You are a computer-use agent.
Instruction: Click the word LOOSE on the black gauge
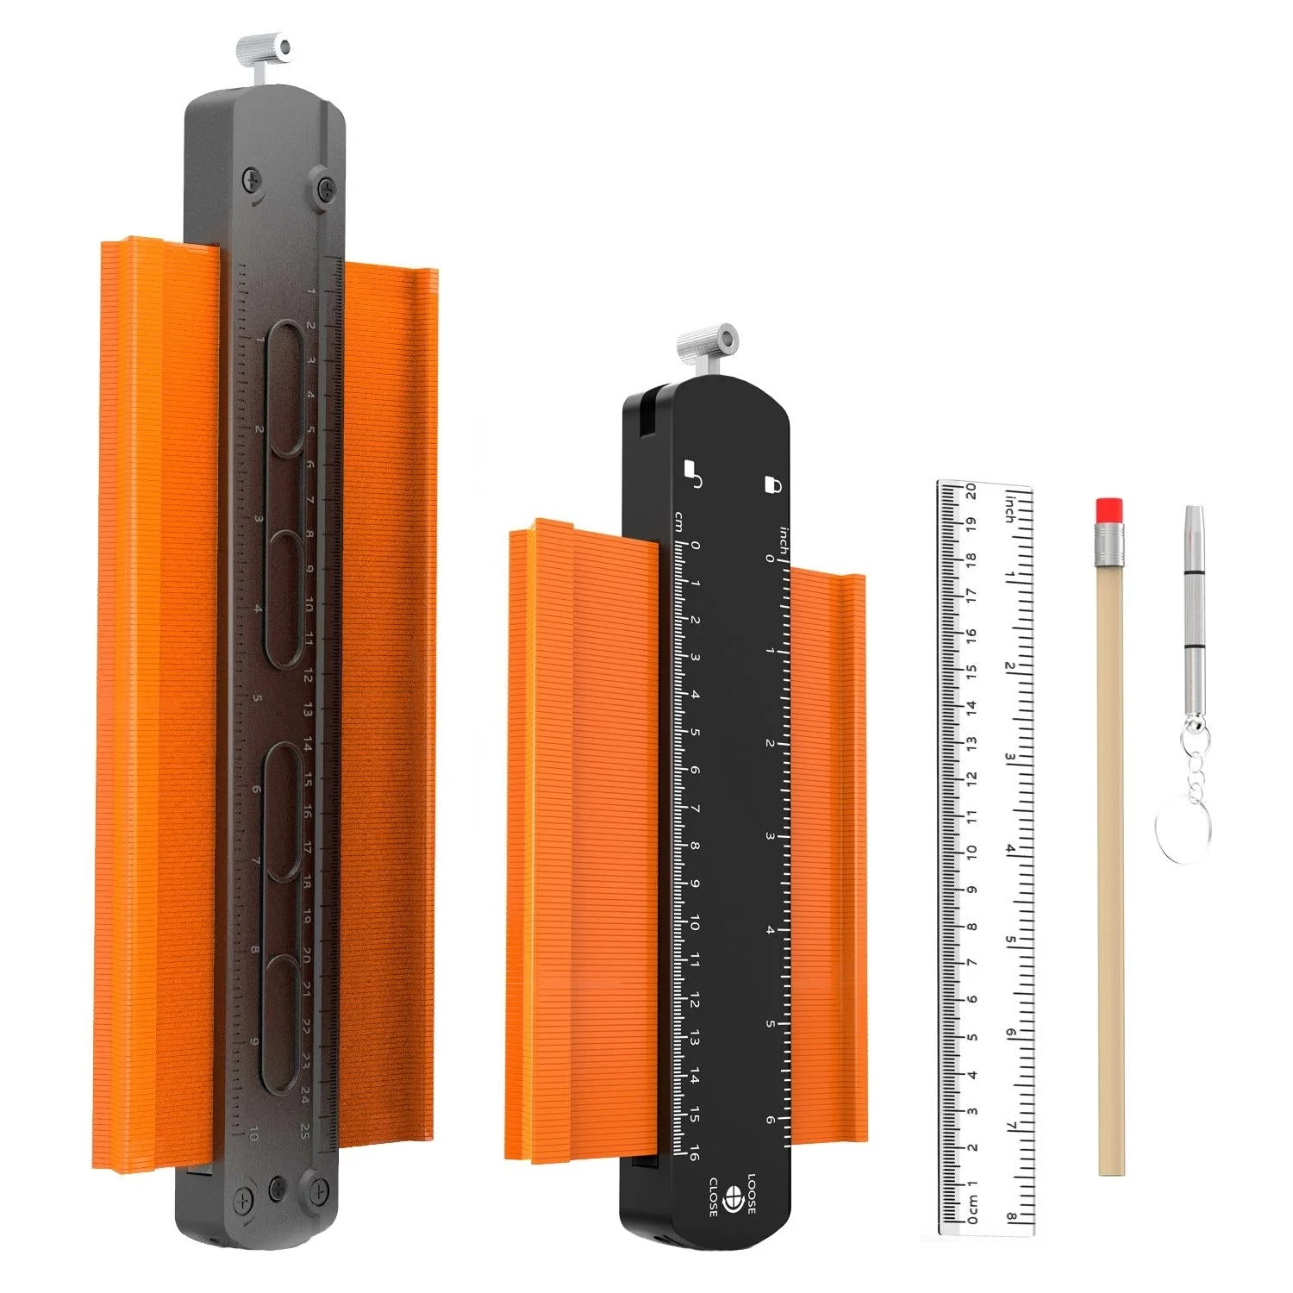coord(750,1195)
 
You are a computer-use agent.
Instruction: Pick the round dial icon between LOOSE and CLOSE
coord(733,1196)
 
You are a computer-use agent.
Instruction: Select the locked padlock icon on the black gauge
coord(772,484)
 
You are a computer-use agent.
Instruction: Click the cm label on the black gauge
coord(680,522)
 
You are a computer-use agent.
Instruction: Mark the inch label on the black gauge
coord(783,540)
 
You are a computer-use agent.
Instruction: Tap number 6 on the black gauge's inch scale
coord(770,1120)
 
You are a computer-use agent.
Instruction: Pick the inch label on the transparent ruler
coord(1009,508)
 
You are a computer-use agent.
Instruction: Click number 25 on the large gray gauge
coord(304,1131)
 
